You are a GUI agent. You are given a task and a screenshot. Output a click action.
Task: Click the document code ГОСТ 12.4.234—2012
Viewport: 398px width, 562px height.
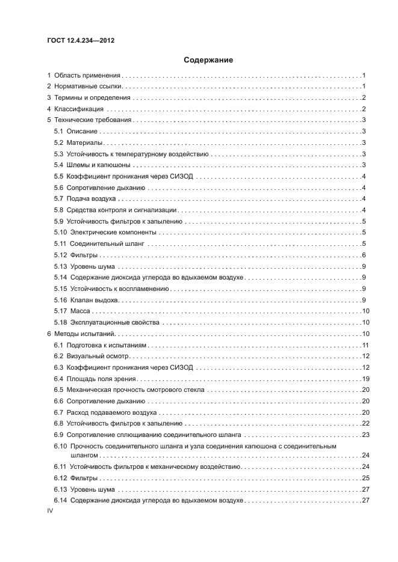click(x=80, y=41)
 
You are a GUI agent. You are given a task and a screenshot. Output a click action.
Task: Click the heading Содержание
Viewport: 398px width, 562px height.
click(x=208, y=60)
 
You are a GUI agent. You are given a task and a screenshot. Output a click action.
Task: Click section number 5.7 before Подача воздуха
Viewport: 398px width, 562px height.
click(x=59, y=198)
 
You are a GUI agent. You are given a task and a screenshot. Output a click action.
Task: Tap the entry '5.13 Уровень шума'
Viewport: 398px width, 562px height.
click(x=85, y=266)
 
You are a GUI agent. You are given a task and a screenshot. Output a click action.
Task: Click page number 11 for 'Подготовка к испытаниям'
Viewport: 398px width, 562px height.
click(x=364, y=345)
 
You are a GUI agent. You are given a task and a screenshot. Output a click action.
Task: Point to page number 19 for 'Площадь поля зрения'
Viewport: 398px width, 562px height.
click(x=364, y=379)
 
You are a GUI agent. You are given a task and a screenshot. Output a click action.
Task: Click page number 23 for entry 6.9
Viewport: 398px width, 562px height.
click(x=364, y=434)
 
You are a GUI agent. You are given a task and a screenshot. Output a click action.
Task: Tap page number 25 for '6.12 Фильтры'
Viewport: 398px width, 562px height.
click(x=364, y=478)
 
